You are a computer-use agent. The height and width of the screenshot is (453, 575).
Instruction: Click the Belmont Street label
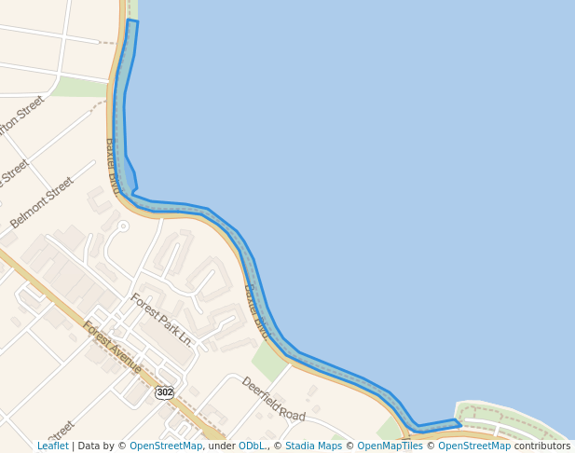tap(42, 202)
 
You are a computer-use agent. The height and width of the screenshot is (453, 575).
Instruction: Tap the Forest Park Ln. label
tap(161, 319)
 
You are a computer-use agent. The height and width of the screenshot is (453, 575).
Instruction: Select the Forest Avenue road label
tap(112, 347)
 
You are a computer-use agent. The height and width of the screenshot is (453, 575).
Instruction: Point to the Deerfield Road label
tap(273, 398)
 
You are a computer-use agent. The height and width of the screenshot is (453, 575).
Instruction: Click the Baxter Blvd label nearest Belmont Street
tap(114, 165)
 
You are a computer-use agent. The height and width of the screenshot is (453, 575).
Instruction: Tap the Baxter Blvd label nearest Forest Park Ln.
tap(257, 311)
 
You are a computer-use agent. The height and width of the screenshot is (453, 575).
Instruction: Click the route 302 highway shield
tap(165, 392)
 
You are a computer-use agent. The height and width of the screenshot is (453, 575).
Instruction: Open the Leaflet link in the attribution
tap(52, 446)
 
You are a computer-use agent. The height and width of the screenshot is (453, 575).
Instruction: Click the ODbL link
tap(252, 446)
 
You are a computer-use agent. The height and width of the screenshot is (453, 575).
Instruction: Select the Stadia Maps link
tap(313, 446)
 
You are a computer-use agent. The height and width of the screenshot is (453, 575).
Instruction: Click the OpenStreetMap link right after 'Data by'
tap(166, 446)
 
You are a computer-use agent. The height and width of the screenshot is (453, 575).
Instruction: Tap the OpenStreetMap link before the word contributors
tap(474, 446)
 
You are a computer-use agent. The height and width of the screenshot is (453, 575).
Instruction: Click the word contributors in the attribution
tap(541, 446)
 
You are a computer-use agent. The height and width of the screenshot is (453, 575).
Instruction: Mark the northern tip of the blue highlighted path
tap(132, 21)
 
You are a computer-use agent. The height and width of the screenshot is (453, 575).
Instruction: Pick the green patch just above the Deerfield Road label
tap(269, 362)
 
